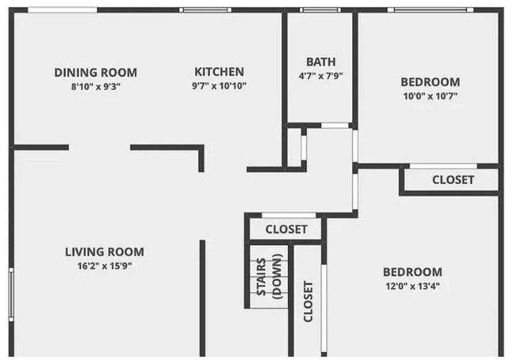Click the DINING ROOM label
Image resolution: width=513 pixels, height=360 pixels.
pyautogui.click(x=95, y=72)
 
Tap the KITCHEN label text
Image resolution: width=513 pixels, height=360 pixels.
pyautogui.click(x=219, y=72)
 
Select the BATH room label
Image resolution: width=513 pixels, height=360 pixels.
pyautogui.click(x=320, y=62)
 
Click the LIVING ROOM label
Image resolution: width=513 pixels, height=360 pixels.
pyautogui.click(x=104, y=252)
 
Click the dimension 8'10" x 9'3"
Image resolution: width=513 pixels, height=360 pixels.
pyautogui.click(x=95, y=86)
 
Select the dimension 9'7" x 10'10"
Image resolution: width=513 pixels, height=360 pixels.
pyautogui.click(x=219, y=86)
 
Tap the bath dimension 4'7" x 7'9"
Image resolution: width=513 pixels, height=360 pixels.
pyautogui.click(x=320, y=77)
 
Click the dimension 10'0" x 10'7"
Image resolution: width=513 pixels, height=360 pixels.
pyautogui.click(x=429, y=96)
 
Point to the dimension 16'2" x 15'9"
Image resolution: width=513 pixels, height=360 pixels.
pyautogui.click(x=104, y=266)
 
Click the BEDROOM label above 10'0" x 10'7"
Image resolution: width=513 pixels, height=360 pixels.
pyautogui.click(x=429, y=82)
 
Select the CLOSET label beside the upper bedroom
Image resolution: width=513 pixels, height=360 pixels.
pyautogui.click(x=453, y=180)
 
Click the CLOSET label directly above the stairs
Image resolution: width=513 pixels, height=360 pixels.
pyautogui.click(x=286, y=230)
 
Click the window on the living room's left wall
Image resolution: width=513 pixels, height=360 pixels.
pyautogui.click(x=11, y=292)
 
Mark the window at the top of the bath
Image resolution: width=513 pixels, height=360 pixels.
pyautogui.click(x=320, y=10)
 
